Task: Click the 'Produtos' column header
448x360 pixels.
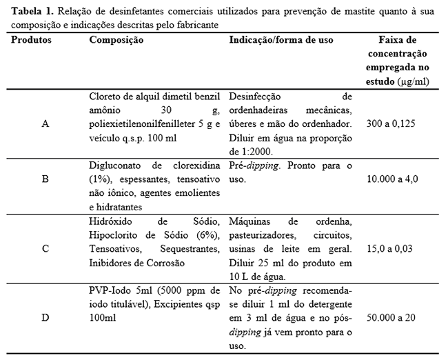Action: [x=31, y=40]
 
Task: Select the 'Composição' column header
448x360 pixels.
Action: [x=116, y=40]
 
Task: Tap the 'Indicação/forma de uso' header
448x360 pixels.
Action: [x=281, y=40]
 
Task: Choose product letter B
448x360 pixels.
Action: [x=45, y=179]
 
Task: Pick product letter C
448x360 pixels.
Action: [x=45, y=248]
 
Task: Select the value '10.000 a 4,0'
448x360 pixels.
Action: [x=395, y=179]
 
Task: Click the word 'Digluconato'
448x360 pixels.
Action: [x=116, y=166]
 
